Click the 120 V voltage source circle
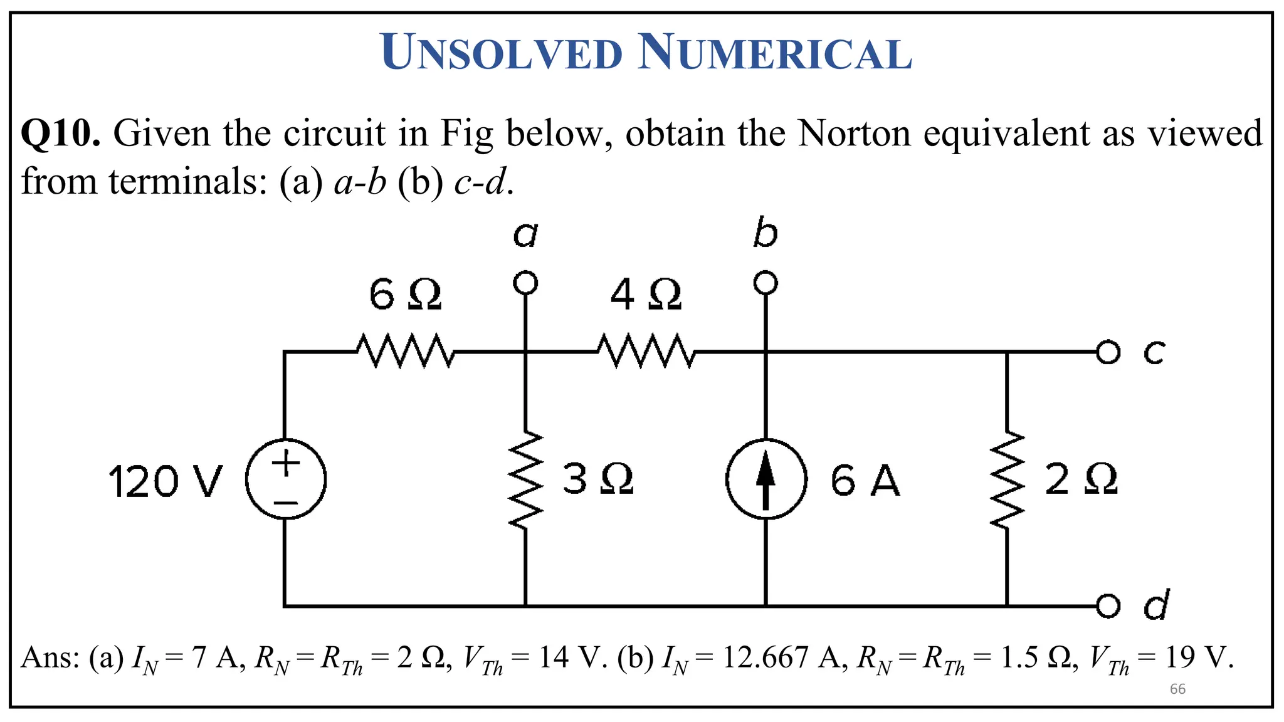tap(286, 479)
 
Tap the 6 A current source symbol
tap(766, 479)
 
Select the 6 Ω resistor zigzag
tap(405, 352)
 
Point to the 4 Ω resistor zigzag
tap(646, 352)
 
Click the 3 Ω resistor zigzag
tap(525, 479)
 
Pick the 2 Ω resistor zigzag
tap(1007, 479)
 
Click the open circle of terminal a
tap(525, 283)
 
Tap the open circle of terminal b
tap(766, 283)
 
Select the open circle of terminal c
tap(1108, 352)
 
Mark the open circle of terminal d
tap(1108, 605)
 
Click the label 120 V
tap(166, 482)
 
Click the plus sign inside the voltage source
tap(286, 464)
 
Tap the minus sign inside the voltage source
tap(286, 503)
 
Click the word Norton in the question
tap(854, 133)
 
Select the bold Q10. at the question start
tap(60, 133)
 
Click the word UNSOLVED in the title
tap(502, 53)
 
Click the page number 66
tap(1177, 689)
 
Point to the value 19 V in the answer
tap(1199, 658)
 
